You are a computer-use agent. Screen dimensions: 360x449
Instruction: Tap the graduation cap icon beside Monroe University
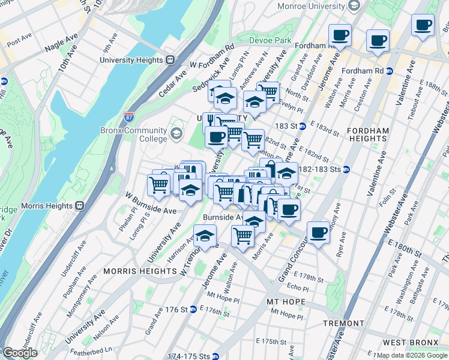(x=354, y=5)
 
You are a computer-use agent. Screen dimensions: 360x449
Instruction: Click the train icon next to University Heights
(x=170, y=59)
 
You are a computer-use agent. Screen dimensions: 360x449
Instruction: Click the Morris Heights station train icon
(x=79, y=205)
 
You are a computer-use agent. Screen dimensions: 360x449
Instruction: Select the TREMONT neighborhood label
(x=343, y=323)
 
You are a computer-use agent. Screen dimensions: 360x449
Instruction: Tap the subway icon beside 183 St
(x=303, y=126)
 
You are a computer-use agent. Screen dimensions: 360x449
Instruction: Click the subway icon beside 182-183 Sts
(x=346, y=170)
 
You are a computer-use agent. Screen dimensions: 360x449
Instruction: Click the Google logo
(x=20, y=353)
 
